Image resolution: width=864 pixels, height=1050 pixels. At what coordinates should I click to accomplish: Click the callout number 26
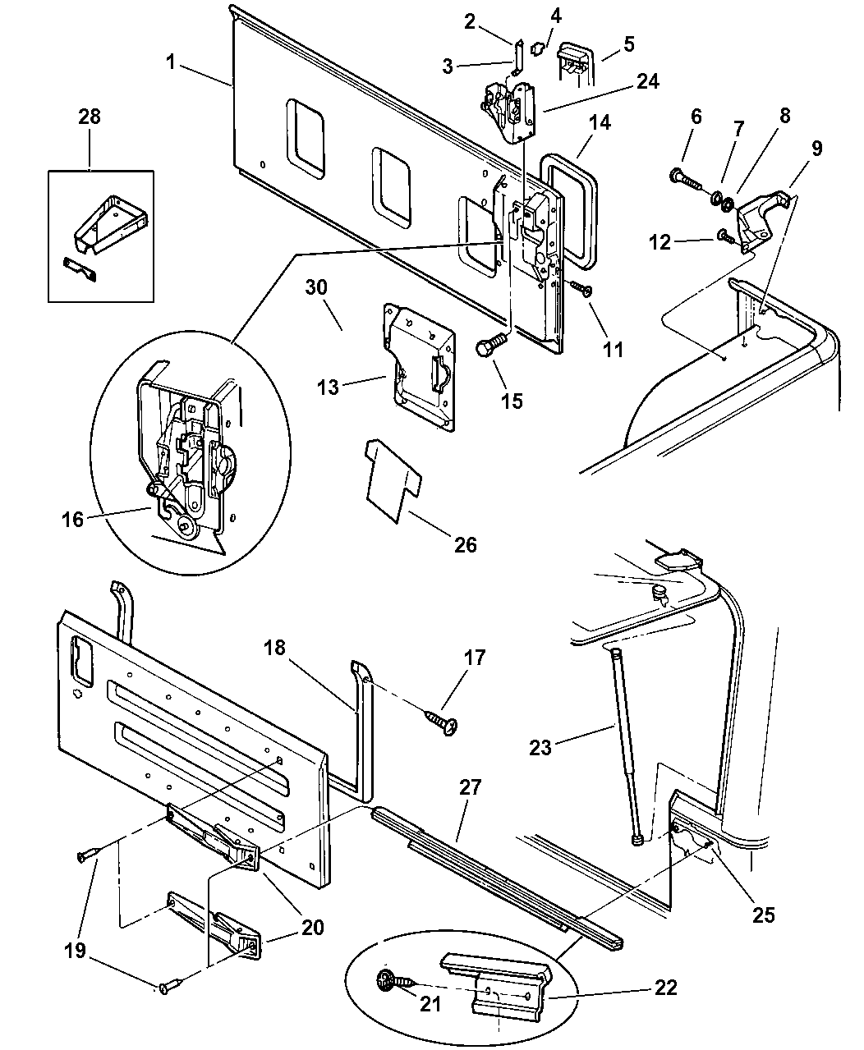pyautogui.click(x=465, y=544)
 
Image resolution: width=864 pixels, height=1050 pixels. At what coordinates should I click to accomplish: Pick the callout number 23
pyautogui.click(x=563, y=748)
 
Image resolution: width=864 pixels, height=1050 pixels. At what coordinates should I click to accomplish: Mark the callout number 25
pyautogui.click(x=764, y=914)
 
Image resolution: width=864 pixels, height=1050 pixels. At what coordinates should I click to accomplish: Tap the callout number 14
pyautogui.click(x=600, y=124)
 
